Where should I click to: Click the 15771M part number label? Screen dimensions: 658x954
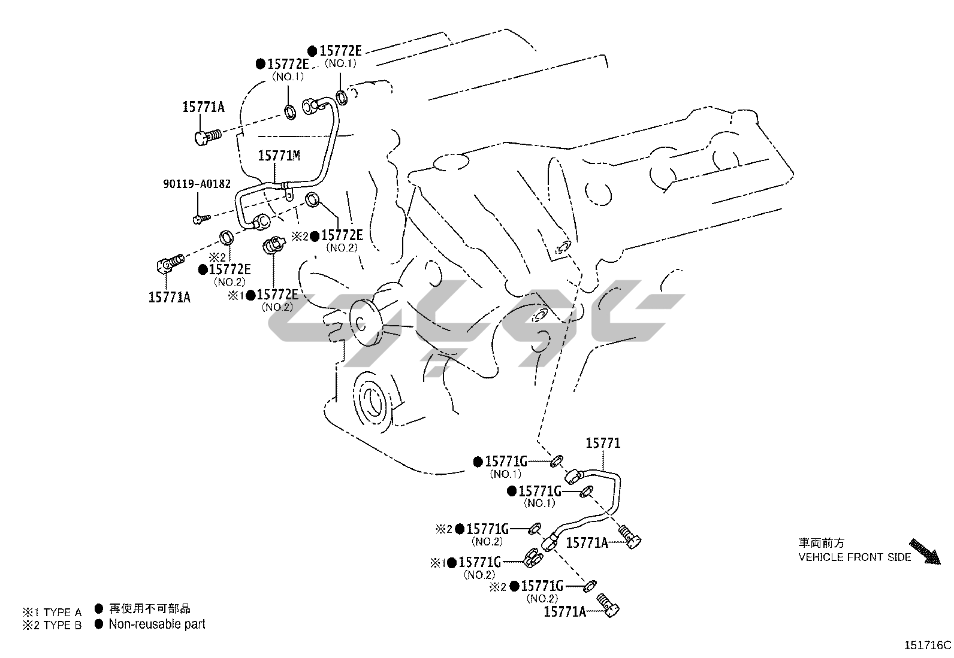(x=279, y=156)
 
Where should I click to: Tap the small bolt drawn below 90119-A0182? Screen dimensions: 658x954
(x=200, y=219)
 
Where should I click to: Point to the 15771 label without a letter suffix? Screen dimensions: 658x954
(x=603, y=443)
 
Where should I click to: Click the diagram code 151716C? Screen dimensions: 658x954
(x=928, y=645)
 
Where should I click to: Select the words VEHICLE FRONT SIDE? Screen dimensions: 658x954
(x=854, y=557)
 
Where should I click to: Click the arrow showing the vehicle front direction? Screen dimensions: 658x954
(x=924, y=551)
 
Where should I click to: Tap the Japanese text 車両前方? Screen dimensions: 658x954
(x=821, y=543)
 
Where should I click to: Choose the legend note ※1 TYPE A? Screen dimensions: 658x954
(x=52, y=612)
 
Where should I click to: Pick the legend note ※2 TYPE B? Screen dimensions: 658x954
(x=52, y=626)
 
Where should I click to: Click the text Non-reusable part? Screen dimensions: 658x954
(x=157, y=624)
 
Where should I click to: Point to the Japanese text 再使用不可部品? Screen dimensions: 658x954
(x=150, y=609)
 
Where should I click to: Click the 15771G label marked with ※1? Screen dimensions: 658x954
(x=479, y=562)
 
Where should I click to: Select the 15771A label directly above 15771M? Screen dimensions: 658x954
(x=203, y=107)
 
